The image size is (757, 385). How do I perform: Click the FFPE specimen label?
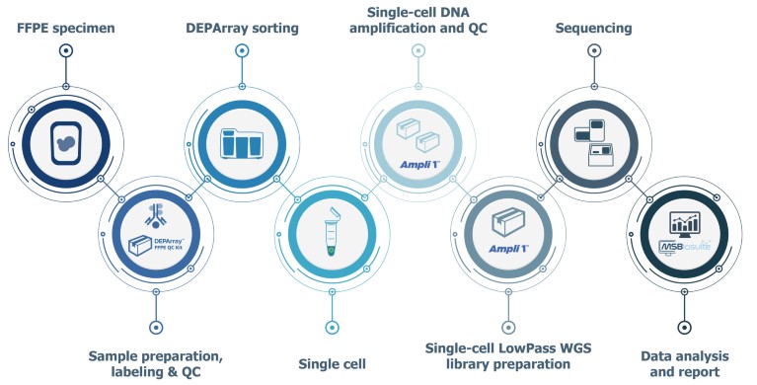(x=66, y=28)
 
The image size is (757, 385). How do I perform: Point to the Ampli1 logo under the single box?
(x=505, y=247)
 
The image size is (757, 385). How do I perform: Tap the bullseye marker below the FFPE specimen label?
(x=66, y=49)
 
